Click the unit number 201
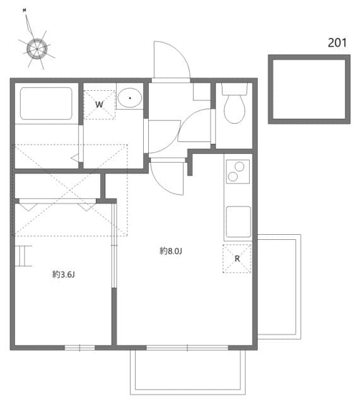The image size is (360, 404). [337, 43]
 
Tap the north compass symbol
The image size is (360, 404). [37, 49]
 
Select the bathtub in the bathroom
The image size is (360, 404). [46, 104]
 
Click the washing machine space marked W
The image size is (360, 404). [100, 105]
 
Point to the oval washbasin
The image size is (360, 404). [130, 98]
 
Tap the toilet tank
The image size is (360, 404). [235, 88]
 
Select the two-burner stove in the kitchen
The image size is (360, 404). [238, 172]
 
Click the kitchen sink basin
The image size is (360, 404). [238, 222]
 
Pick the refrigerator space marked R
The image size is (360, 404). [237, 258]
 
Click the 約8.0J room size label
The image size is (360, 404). [171, 251]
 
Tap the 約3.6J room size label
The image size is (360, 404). [63, 275]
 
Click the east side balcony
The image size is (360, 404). [279, 287]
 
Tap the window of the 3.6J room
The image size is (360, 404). [79, 348]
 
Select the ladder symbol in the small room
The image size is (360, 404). [23, 256]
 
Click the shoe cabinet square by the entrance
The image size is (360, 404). [202, 92]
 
